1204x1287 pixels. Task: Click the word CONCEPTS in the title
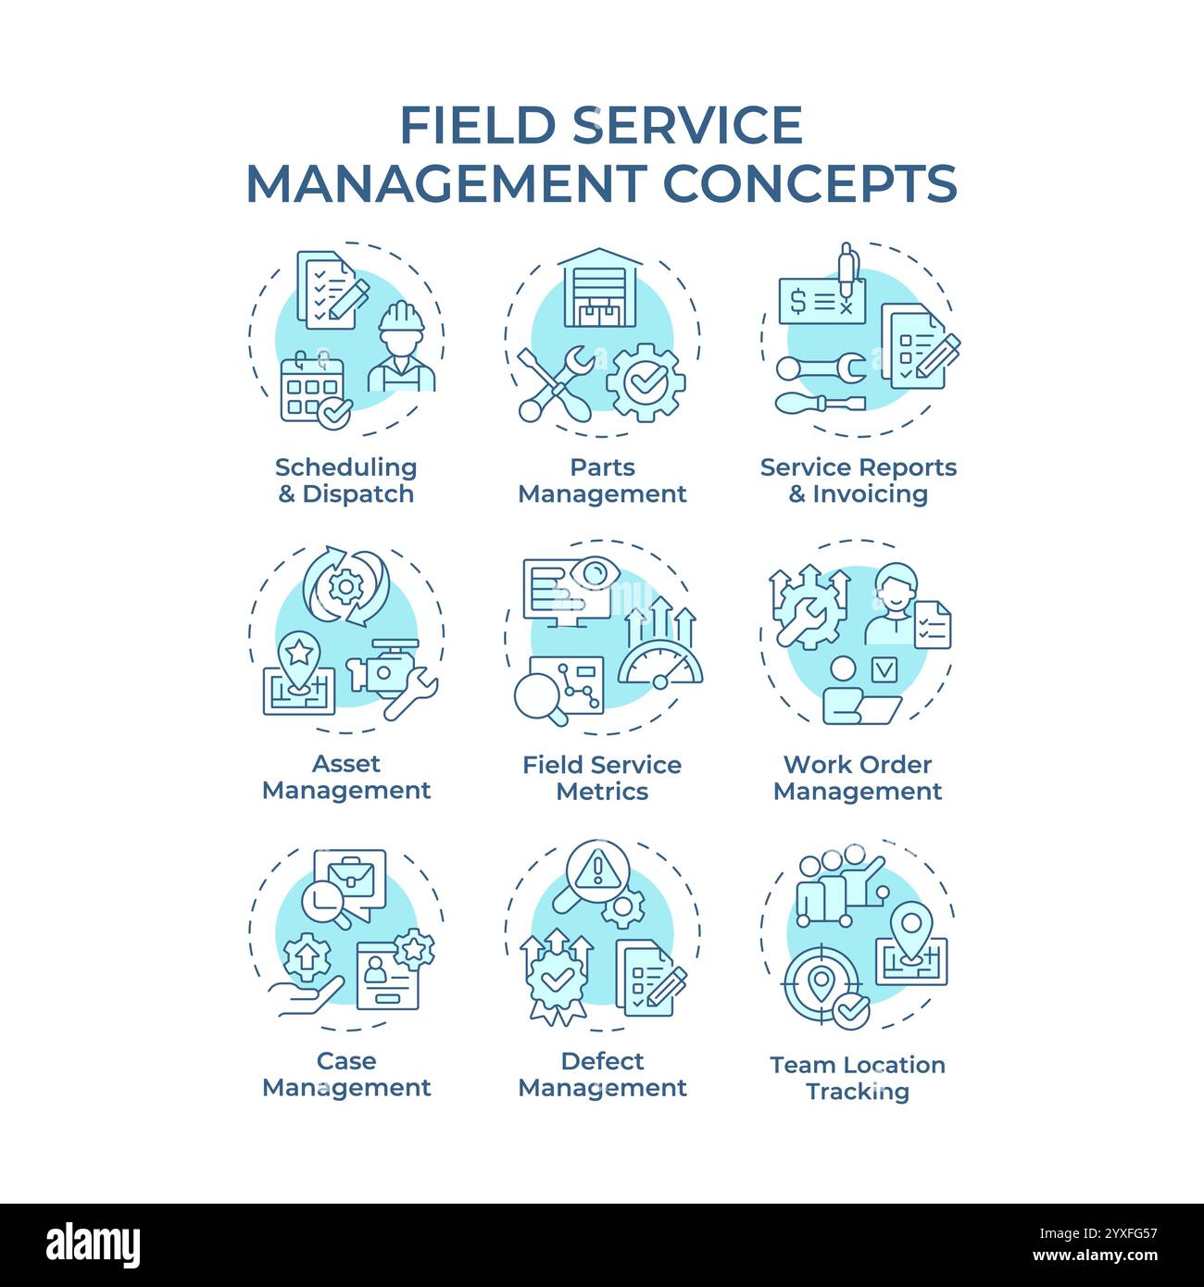click(810, 182)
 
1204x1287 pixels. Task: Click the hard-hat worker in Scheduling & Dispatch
click(401, 347)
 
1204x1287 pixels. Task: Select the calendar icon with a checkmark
click(313, 389)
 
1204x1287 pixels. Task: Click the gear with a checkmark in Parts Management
click(646, 381)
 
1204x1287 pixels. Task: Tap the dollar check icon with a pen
click(822, 296)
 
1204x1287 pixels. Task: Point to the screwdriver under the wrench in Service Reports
click(820, 404)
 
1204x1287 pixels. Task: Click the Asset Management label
click(346, 777)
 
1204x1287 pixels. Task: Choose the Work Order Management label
click(858, 778)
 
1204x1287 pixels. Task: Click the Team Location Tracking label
click(858, 1078)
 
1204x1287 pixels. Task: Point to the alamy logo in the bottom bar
click(94, 1244)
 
